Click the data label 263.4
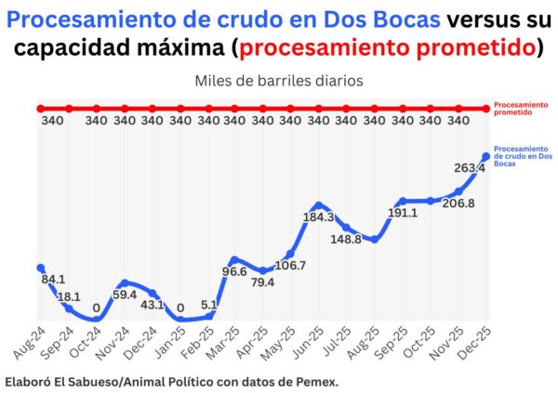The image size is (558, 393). (x=470, y=168)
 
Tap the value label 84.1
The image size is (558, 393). (x=53, y=279)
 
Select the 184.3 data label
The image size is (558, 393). (x=319, y=216)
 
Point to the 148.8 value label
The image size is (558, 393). (x=346, y=239)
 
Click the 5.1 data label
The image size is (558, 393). (x=208, y=304)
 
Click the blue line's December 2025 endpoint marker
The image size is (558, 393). (x=485, y=156)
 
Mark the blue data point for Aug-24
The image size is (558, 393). (x=40, y=268)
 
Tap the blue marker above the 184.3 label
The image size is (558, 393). (x=319, y=204)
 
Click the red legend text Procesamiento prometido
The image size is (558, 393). (x=513, y=109)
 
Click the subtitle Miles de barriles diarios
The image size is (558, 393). (x=279, y=81)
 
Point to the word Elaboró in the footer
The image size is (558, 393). (x=28, y=381)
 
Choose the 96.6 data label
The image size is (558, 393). (x=233, y=272)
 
